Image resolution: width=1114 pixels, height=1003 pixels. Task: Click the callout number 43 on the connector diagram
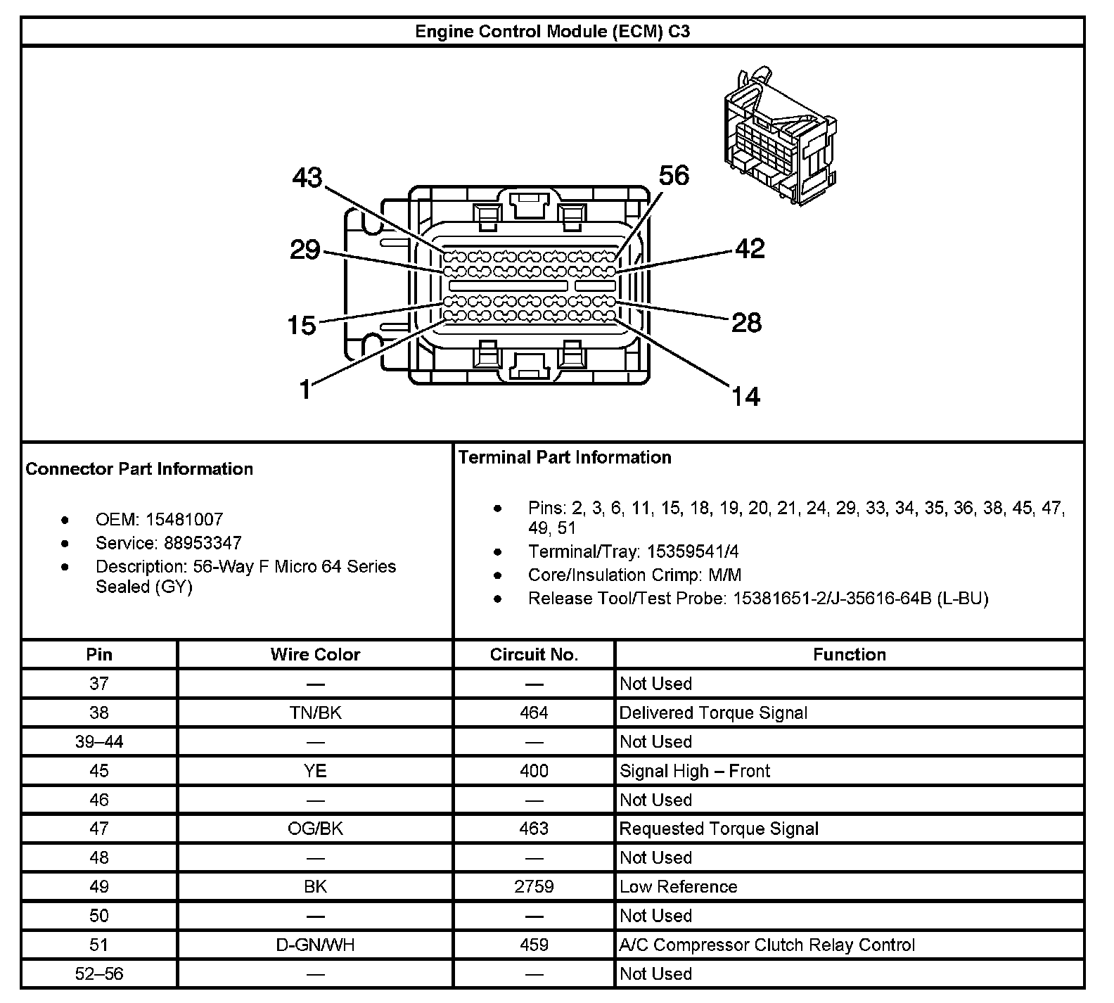pyautogui.click(x=307, y=178)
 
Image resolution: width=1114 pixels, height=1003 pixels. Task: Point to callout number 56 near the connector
pyautogui.click(x=674, y=175)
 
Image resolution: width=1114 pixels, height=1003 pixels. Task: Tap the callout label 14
pyautogui.click(x=745, y=397)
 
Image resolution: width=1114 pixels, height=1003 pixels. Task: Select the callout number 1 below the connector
pyautogui.click(x=305, y=389)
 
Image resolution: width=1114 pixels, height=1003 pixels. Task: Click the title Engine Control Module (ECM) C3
pyautogui.click(x=552, y=32)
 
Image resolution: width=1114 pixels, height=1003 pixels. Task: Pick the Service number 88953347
pyautogui.click(x=203, y=543)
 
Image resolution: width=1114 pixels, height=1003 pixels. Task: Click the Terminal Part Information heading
pyautogui.click(x=565, y=458)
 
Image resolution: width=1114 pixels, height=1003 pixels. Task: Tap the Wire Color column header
pyautogui.click(x=315, y=655)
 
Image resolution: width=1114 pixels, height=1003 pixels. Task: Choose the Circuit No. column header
pyautogui.click(x=534, y=655)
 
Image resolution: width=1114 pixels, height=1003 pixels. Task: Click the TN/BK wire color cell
pyautogui.click(x=315, y=713)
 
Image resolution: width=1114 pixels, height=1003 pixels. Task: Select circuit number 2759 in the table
pyautogui.click(x=534, y=887)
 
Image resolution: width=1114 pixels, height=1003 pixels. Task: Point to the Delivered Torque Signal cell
pyautogui.click(x=713, y=713)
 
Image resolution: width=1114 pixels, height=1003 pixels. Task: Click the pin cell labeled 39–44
pyautogui.click(x=99, y=742)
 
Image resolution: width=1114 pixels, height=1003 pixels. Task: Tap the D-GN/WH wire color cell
pyautogui.click(x=315, y=945)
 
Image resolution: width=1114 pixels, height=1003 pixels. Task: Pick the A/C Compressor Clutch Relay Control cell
pyautogui.click(x=767, y=945)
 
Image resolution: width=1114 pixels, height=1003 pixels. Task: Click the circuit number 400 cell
pyautogui.click(x=534, y=771)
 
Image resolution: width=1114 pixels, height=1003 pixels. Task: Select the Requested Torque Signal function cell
pyautogui.click(x=719, y=829)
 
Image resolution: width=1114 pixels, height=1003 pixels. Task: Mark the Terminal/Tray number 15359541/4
pyautogui.click(x=693, y=551)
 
